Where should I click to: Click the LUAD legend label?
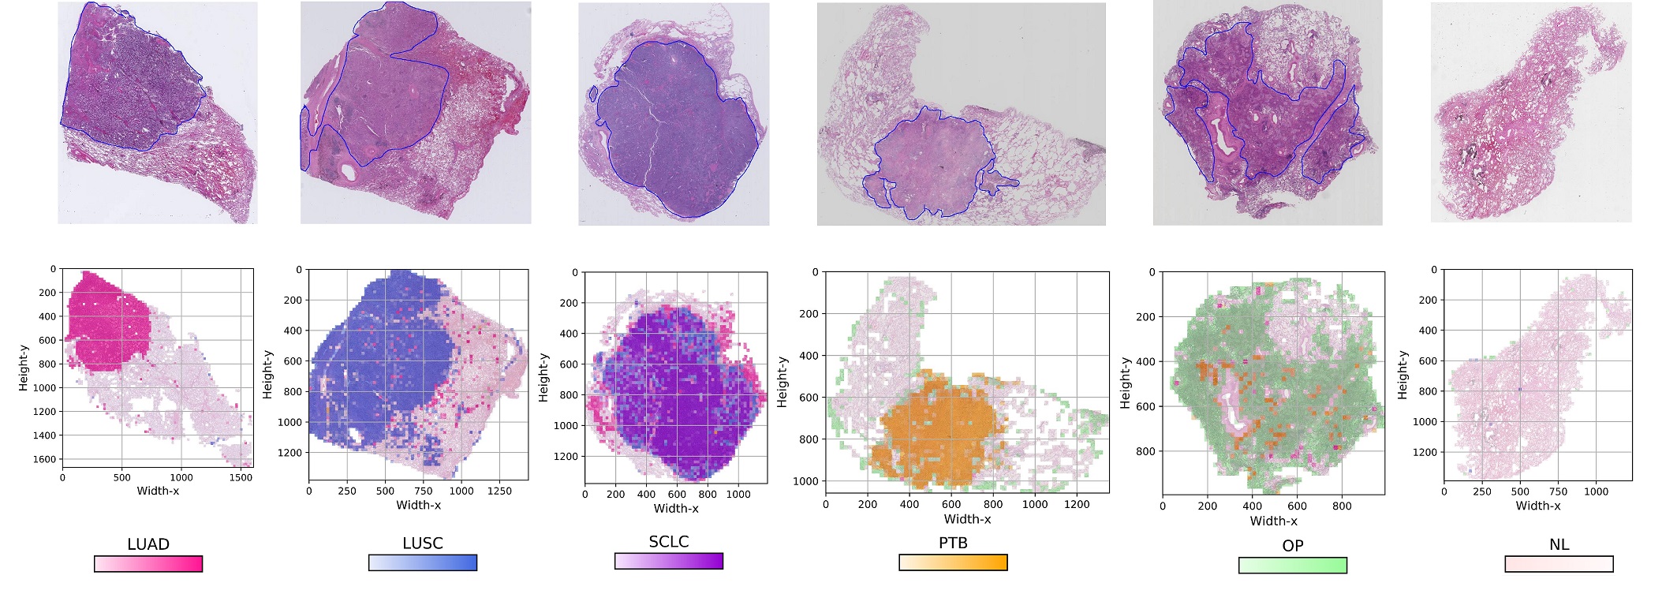(x=148, y=544)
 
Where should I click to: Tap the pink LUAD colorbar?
(x=148, y=564)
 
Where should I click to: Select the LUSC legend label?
(x=423, y=544)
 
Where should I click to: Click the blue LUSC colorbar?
(x=423, y=562)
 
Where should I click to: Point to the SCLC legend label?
(x=669, y=542)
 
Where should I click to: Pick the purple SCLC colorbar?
(x=669, y=561)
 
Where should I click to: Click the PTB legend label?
(x=953, y=544)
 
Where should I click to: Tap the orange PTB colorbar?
(x=953, y=562)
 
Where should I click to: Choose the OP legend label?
(x=1293, y=546)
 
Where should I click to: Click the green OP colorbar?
(x=1293, y=565)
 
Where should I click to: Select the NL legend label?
(x=1559, y=545)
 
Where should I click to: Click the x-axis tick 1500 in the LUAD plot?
(x=241, y=477)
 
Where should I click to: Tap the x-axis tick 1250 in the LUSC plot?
(x=499, y=491)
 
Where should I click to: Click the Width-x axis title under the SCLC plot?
(x=676, y=508)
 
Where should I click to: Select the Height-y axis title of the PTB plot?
(x=782, y=382)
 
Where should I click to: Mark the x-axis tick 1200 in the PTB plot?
(x=1077, y=504)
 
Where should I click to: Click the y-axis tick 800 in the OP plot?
(x=1145, y=452)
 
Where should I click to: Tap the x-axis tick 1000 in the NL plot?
(x=1596, y=491)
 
